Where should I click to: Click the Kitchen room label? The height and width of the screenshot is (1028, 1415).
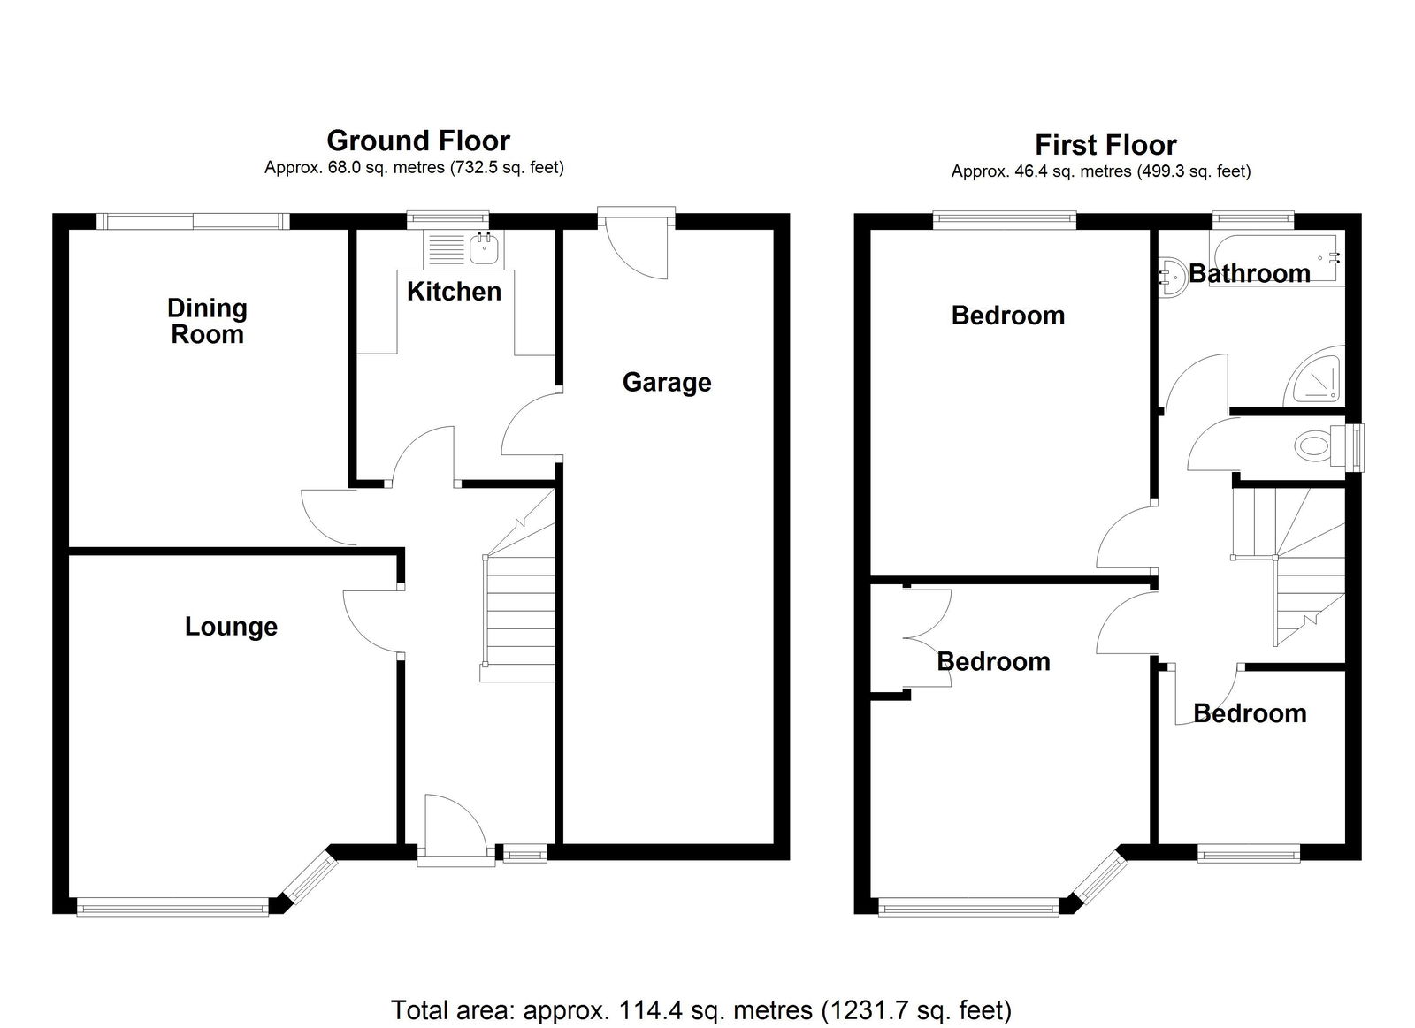coord(454,291)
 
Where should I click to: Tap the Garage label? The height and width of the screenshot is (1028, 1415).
coord(667,383)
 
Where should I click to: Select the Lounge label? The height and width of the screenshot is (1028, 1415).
coord(231,627)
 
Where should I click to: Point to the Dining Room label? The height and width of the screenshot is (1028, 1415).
coord(207,322)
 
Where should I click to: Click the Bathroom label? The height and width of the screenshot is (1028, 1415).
coord(1249,273)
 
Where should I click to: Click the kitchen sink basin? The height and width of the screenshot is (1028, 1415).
coord(486,247)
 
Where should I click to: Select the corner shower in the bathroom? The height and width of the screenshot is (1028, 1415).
coord(1314,377)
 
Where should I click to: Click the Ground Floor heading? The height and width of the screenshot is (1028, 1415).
coord(418,141)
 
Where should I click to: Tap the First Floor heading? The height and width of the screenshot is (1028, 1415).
coord(1105,145)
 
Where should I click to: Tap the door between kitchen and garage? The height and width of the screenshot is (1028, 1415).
coord(530,424)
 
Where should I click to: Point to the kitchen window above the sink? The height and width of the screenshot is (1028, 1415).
coord(447,219)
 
